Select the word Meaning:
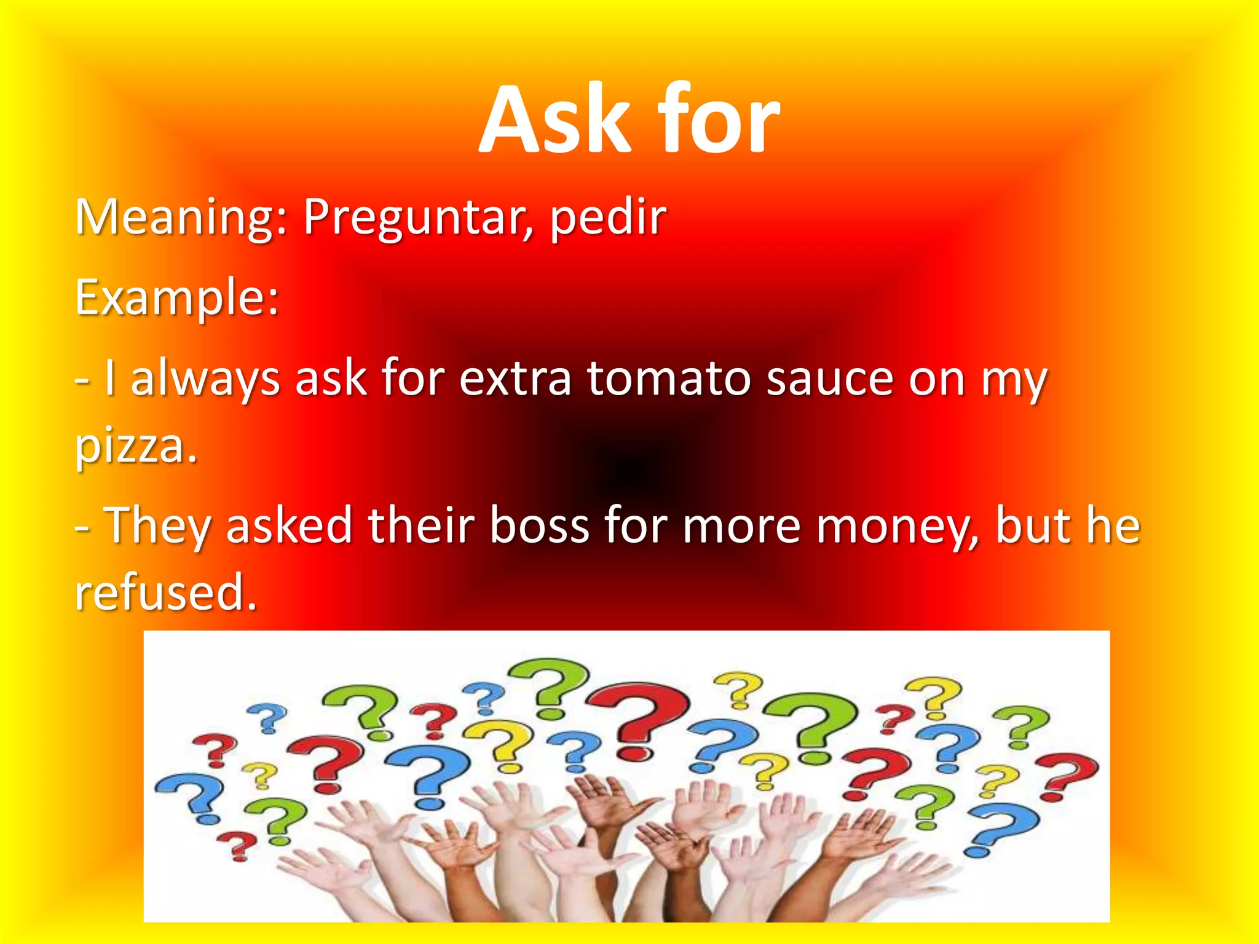[181, 218]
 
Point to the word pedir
[607, 218]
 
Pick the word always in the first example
[205, 380]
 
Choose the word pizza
[135, 447]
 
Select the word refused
[165, 593]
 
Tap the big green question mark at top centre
[550, 685]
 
